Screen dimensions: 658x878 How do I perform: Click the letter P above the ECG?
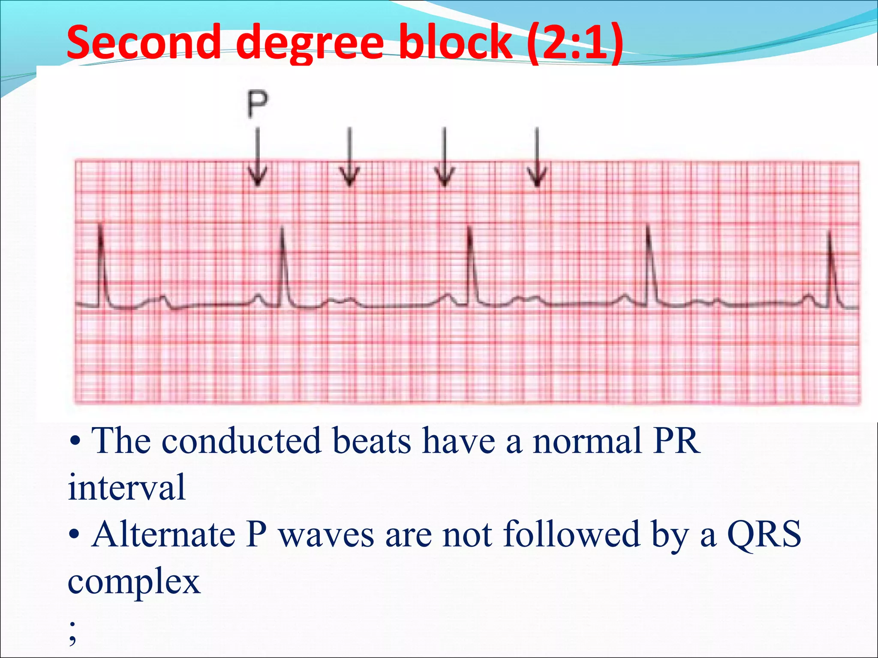[258, 104]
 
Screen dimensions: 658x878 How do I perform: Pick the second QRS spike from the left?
[283, 266]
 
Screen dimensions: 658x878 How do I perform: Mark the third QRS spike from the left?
[470, 266]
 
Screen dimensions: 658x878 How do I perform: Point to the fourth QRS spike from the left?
[649, 266]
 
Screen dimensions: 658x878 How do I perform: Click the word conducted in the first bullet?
[241, 441]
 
